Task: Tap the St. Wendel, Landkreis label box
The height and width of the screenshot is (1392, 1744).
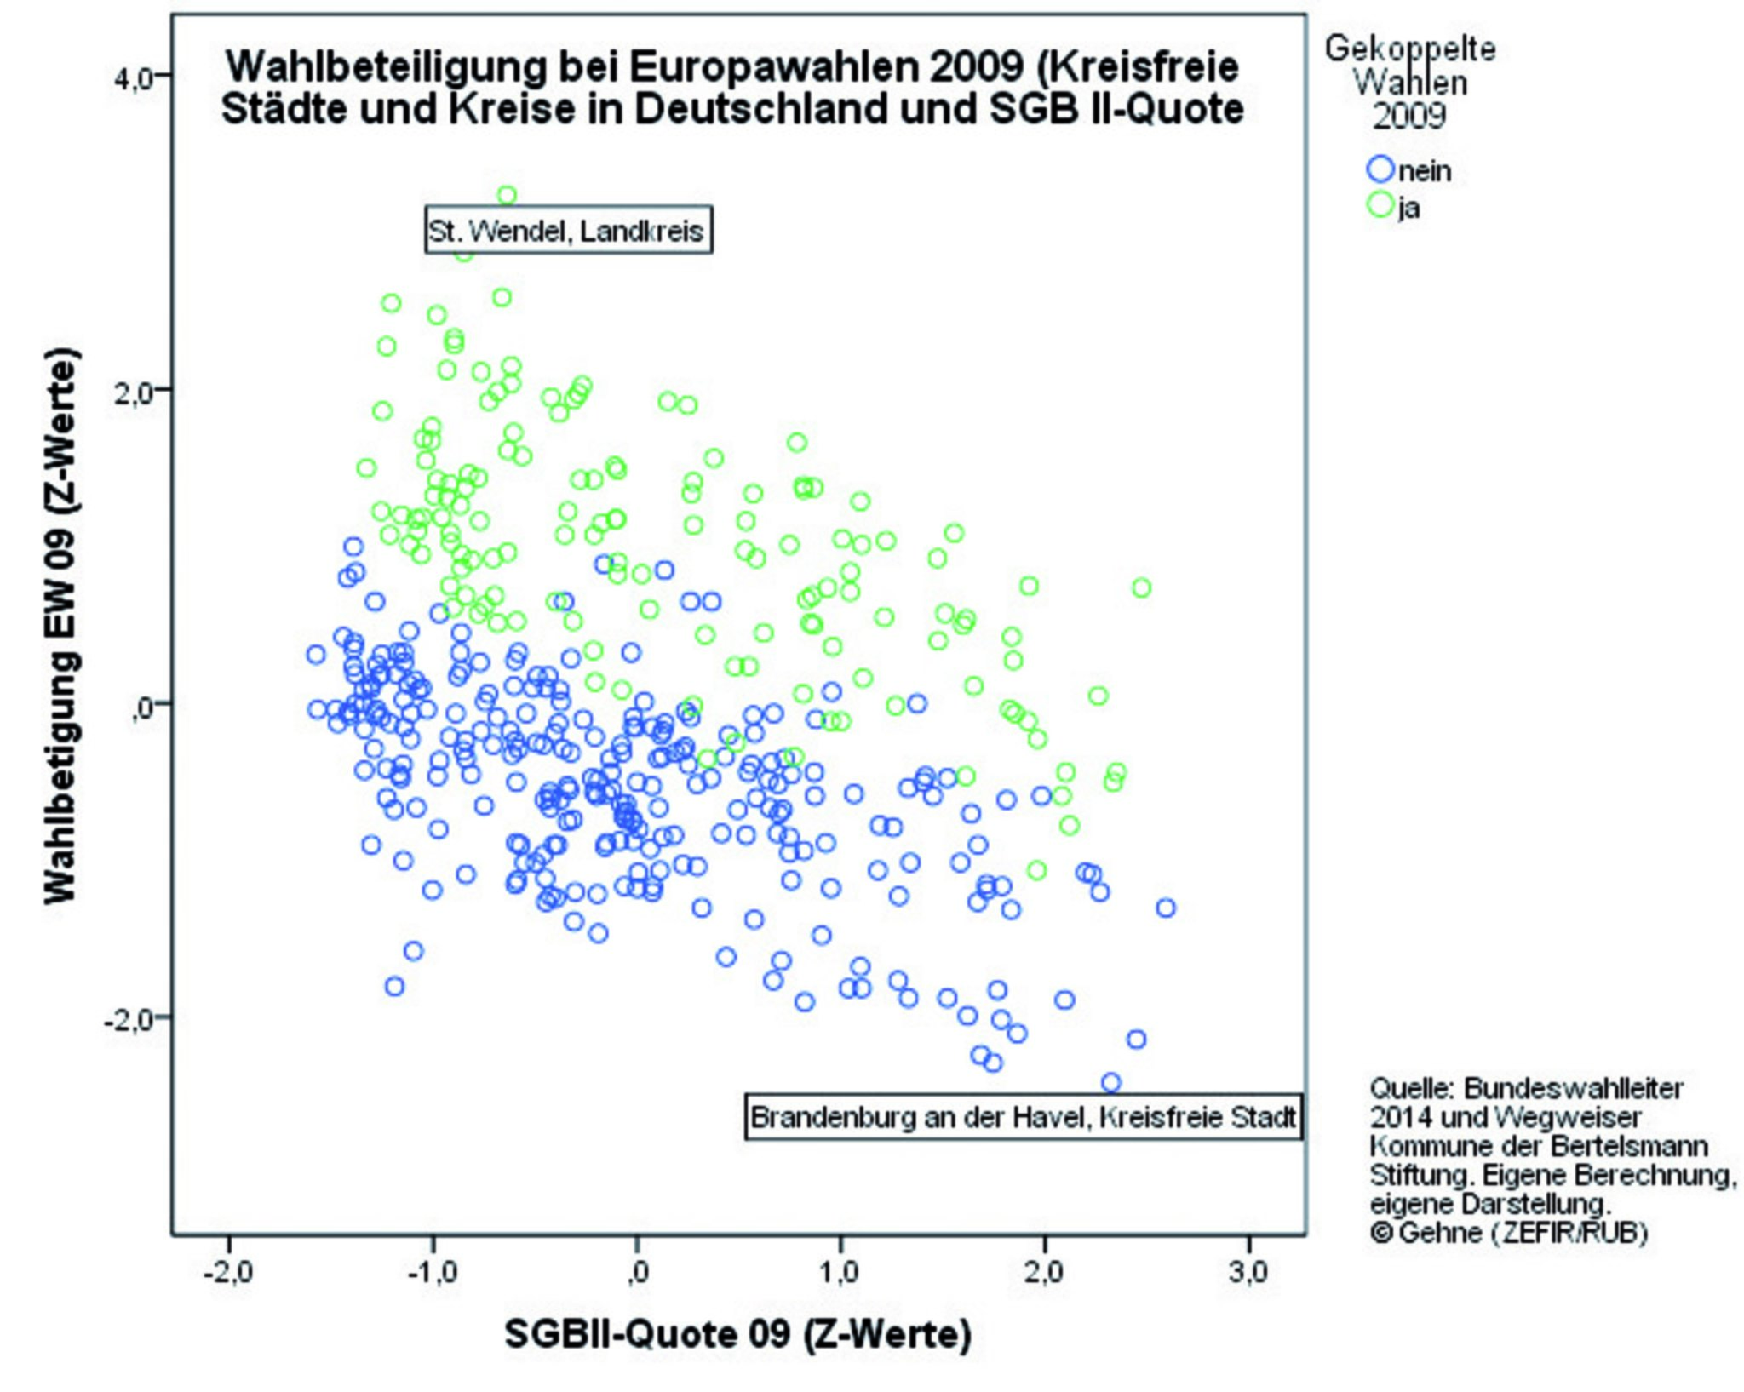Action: point(568,230)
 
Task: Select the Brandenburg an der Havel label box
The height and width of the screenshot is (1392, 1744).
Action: point(1023,1116)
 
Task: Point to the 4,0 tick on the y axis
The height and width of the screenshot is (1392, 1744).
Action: point(133,77)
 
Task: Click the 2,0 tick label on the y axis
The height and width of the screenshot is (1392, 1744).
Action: point(133,391)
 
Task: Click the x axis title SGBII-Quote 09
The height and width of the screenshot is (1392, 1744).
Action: point(737,1334)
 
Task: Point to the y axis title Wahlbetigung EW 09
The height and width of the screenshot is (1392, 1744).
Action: point(61,626)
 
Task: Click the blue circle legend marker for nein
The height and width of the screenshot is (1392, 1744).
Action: point(1380,169)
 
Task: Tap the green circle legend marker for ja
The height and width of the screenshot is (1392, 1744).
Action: point(1380,205)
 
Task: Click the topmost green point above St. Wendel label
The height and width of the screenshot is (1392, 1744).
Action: point(507,195)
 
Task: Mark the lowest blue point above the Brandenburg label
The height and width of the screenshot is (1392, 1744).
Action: point(1110,1083)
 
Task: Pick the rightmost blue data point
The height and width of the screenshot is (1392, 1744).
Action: point(1166,908)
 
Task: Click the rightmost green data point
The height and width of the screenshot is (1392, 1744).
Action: point(1142,587)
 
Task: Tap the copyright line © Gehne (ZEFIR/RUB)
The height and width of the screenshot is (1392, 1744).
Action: point(1508,1232)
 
